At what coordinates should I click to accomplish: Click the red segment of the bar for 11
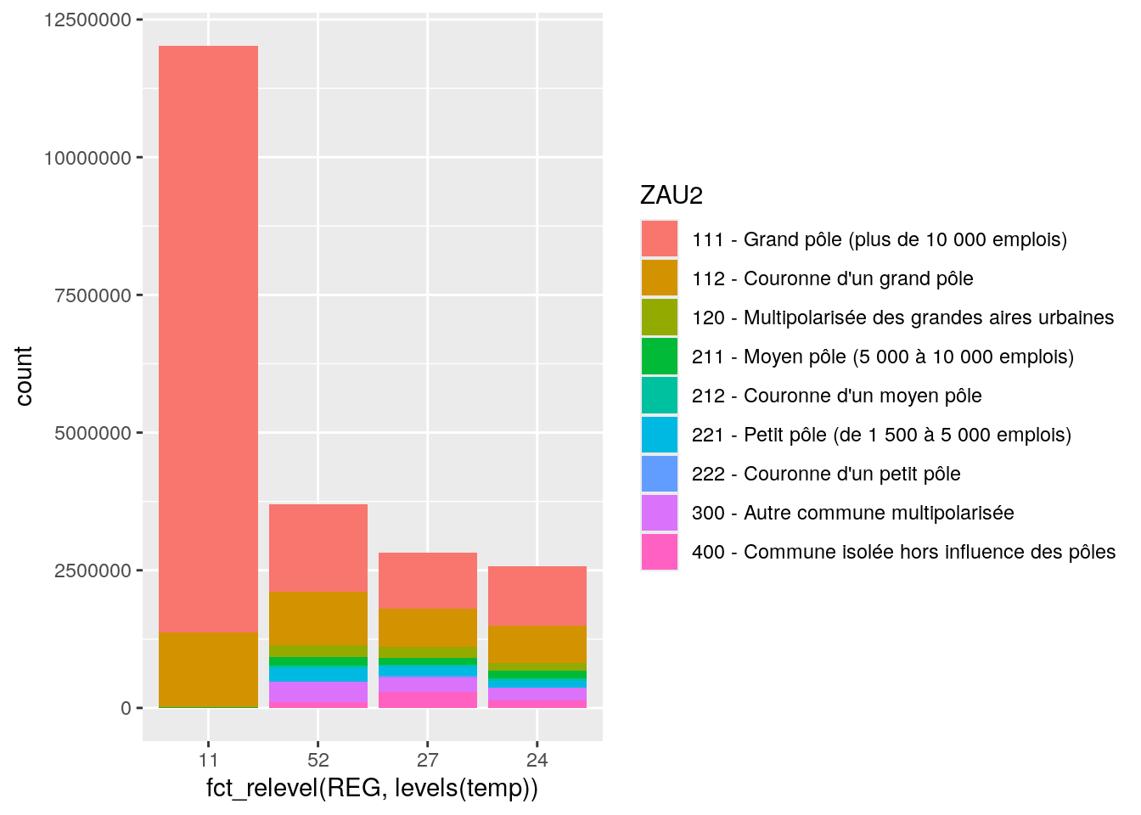point(208,340)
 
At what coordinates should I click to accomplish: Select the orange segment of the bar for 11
point(208,670)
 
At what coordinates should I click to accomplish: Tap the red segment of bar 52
point(318,548)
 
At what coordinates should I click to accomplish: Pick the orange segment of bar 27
point(428,627)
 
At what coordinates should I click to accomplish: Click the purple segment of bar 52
point(318,692)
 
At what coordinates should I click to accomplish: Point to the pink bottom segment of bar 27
point(428,700)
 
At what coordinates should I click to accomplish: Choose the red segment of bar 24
point(537,596)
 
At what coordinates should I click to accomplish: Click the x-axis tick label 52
point(318,760)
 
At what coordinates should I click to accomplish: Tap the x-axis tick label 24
point(537,760)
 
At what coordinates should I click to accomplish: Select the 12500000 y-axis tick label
point(87,20)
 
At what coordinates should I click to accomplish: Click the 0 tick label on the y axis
point(126,708)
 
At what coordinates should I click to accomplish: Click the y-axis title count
point(24,376)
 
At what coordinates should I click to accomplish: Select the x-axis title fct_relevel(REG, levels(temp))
point(372,789)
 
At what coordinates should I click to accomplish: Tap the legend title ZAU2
point(672,196)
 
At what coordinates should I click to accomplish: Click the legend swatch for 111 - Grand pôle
point(660,239)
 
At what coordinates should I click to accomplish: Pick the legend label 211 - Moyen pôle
point(883,357)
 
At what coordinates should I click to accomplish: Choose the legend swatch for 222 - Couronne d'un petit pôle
point(660,474)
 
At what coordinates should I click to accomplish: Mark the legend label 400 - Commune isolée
point(903,552)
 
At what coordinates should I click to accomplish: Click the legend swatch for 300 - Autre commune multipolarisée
point(660,513)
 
